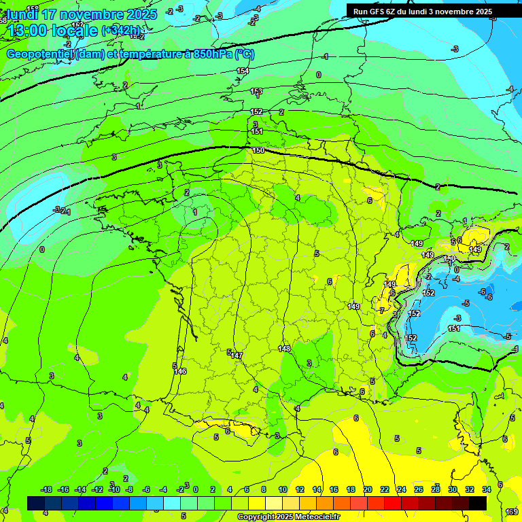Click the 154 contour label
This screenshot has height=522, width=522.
click(243, 71)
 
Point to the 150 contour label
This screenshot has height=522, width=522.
click(258, 150)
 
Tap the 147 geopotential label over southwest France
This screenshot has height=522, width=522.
click(237, 355)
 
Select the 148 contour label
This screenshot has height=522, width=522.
click(285, 349)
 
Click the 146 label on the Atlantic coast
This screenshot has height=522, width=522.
click(180, 371)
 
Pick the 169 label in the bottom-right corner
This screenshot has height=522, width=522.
click(512, 512)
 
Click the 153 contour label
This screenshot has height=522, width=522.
click(256, 91)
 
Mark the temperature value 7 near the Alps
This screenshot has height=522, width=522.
click(382, 310)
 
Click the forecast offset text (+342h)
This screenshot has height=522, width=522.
click(122, 30)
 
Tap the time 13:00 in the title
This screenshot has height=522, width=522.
click(30, 31)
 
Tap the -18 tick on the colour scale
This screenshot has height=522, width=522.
click(47, 489)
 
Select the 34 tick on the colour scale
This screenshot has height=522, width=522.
click(487, 489)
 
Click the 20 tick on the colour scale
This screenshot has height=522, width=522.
click(368, 489)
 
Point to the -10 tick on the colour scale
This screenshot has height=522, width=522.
click(115, 489)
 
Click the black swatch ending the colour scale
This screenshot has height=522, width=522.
click(478, 503)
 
